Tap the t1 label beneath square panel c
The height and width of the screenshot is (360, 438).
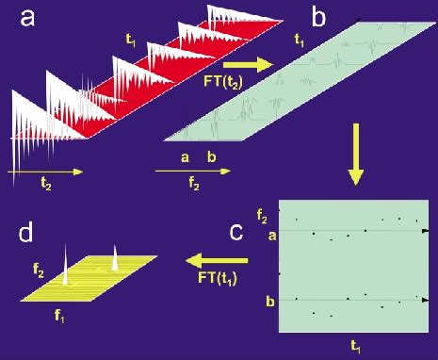(355, 347)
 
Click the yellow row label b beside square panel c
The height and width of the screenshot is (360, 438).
(271, 301)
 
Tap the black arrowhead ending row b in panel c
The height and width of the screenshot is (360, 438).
(428, 301)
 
